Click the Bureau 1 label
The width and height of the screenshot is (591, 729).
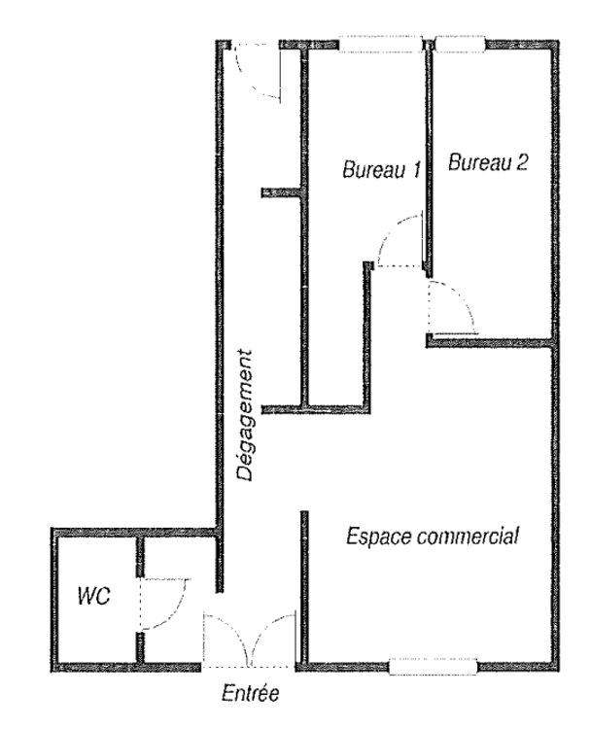(x=381, y=169)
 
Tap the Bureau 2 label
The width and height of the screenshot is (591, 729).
(x=488, y=162)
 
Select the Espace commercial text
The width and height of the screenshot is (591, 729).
(x=433, y=536)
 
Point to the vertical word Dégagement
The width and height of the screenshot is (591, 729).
(x=245, y=415)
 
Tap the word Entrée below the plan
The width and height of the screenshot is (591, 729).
(x=251, y=693)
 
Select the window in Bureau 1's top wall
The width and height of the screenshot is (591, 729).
(x=380, y=44)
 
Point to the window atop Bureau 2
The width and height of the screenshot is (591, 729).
(x=460, y=44)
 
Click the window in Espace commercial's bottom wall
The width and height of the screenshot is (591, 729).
(x=433, y=666)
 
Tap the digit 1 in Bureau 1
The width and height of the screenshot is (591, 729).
(x=415, y=169)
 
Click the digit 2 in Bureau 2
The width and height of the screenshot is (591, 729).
(x=522, y=162)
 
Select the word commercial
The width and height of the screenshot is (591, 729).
(x=468, y=537)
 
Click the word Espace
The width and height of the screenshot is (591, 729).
(x=379, y=537)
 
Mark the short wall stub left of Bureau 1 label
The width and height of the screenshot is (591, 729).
(x=282, y=192)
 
